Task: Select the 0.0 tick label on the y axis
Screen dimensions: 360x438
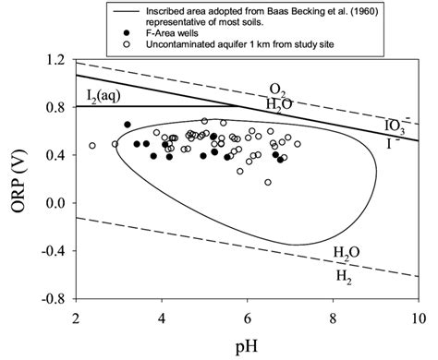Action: click(55, 203)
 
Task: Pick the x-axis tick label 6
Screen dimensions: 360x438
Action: click(247, 318)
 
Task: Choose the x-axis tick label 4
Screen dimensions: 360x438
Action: click(161, 318)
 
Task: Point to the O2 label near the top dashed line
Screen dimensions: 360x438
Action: click(277, 89)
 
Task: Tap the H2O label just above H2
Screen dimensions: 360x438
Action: click(347, 248)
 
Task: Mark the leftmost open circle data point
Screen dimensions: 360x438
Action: click(92, 146)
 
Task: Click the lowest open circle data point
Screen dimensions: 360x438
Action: click(268, 182)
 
